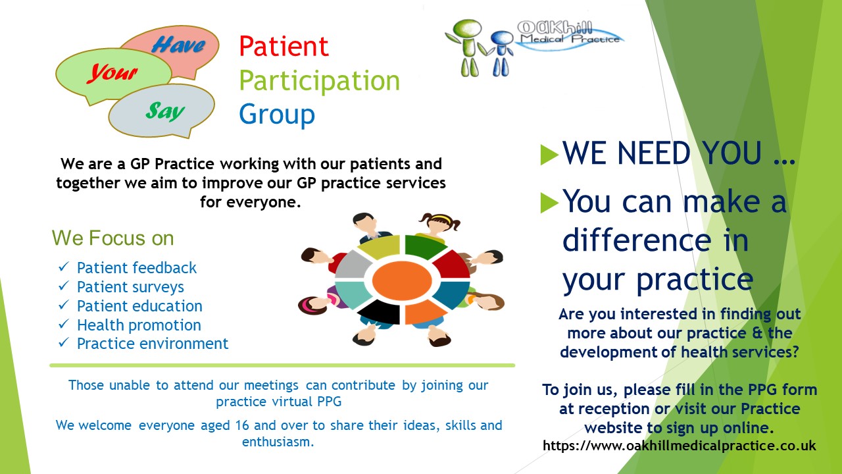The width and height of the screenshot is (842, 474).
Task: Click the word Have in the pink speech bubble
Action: click(178, 45)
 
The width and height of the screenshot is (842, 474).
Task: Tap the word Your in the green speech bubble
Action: click(112, 72)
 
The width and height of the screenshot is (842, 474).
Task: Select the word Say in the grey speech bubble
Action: click(165, 111)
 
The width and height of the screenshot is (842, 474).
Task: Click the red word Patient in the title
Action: click(284, 46)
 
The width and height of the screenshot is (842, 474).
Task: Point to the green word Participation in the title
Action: click(320, 80)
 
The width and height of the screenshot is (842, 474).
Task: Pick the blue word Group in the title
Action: click(277, 115)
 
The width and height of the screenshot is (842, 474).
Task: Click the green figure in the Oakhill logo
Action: click(467, 47)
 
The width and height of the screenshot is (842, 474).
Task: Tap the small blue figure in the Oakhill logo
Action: click(501, 53)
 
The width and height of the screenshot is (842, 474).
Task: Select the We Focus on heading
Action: click(112, 238)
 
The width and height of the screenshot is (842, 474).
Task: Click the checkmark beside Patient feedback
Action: click(64, 267)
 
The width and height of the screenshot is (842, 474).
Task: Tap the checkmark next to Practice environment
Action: click(64, 342)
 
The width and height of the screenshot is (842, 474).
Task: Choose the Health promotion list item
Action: click(139, 325)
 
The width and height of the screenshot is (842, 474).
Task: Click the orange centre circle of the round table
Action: click(402, 280)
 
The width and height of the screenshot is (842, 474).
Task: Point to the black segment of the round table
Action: click(380, 311)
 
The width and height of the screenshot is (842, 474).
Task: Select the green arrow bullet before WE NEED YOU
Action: click(549, 155)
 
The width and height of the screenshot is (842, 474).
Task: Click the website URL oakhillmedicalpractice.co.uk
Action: click(680, 446)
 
